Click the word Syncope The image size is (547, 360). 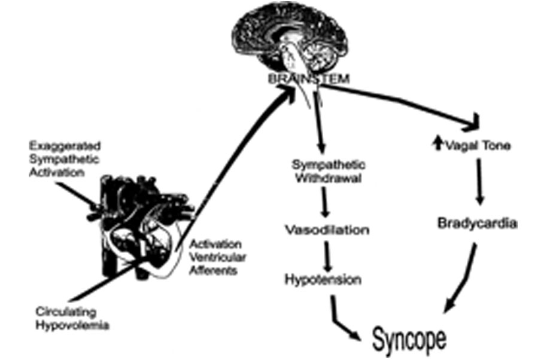coord(409,339)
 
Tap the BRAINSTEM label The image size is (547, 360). coord(309,79)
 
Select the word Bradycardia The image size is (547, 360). coord(477,223)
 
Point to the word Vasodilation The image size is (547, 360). coord(327,230)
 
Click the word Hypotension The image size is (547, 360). coord(323,279)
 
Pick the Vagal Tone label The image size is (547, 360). coord(478,145)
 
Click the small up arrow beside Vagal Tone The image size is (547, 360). coord(438,144)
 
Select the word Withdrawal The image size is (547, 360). coord(329,178)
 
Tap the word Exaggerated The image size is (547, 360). coord(65,146)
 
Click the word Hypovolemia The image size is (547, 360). coord(72,325)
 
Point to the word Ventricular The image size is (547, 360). coord(218,257)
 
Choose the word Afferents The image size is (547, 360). coord(213,270)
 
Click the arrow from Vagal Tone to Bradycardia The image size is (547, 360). coord(479,182)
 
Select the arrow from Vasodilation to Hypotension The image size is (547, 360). coord(327,257)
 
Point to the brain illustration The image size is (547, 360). coord(291,38)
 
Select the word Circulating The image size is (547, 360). coord(66,312)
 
